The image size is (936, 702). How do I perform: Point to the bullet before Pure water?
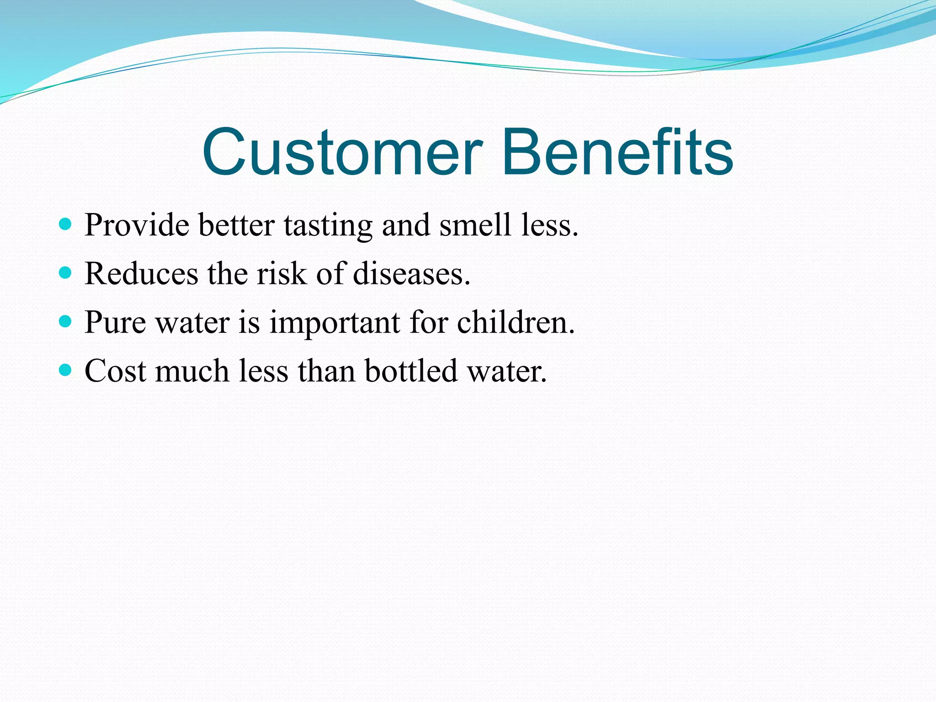pos(66,322)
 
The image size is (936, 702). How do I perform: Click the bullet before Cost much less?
pos(66,370)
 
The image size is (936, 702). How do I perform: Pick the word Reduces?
pos(141,274)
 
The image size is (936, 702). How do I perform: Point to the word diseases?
pos(411,274)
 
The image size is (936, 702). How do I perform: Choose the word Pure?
pos(115,323)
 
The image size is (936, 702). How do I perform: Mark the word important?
pos(335,324)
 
